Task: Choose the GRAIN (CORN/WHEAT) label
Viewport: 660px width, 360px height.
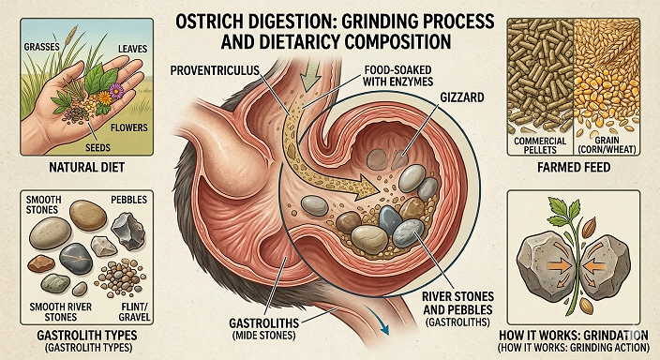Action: click(612, 145)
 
